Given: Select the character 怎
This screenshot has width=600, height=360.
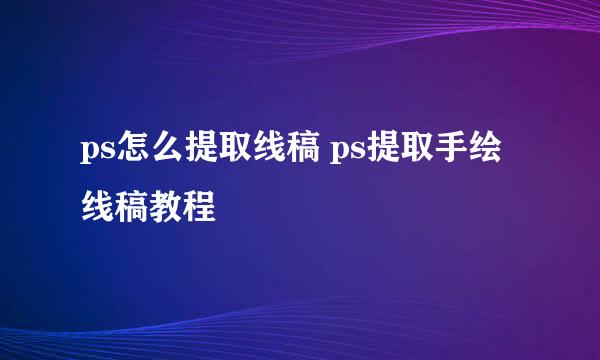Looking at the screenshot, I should point(132,155).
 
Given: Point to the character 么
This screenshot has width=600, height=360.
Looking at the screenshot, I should point(165,155).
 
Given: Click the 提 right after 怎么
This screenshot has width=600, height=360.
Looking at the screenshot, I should point(198,155).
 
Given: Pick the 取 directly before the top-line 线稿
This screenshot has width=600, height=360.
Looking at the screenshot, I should point(231,155).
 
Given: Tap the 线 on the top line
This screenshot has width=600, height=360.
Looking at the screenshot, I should point(264,155).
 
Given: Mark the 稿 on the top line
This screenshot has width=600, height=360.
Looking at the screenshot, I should point(297,155).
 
